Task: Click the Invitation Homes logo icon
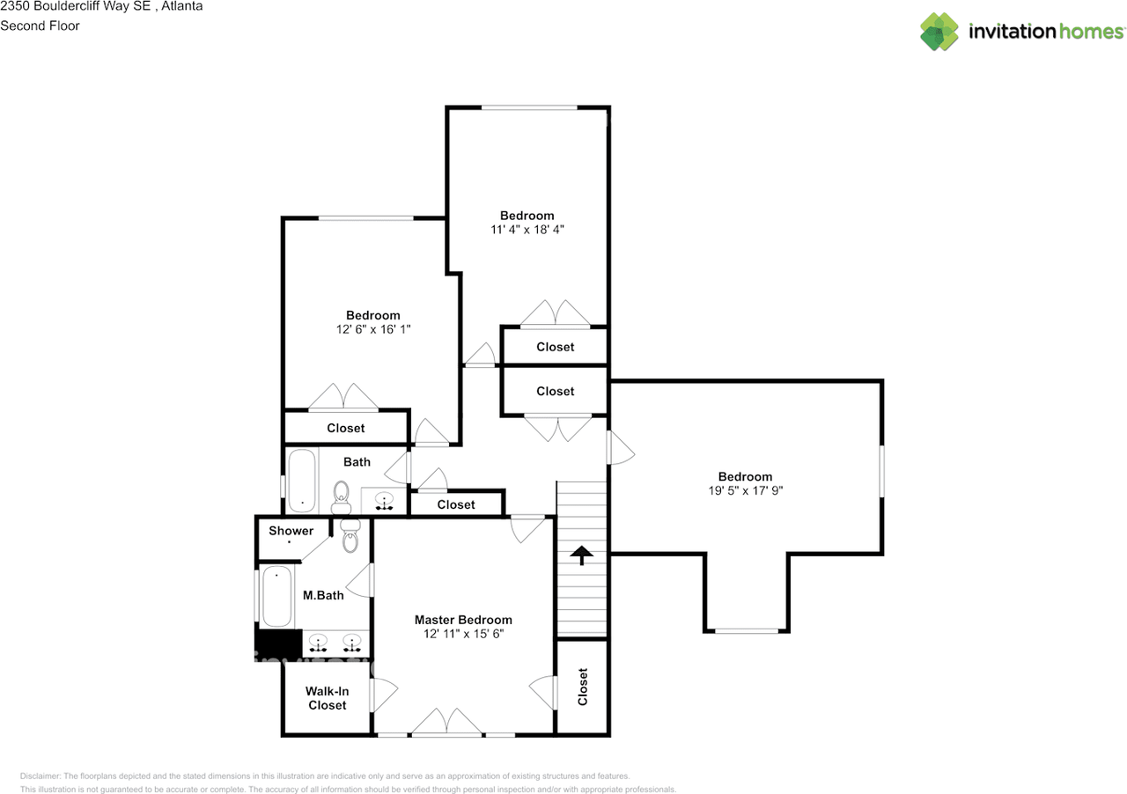(x=939, y=31)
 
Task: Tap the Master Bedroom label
(x=463, y=620)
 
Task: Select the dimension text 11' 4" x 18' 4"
(x=527, y=229)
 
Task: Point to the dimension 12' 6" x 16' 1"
(x=372, y=328)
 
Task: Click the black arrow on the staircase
(x=581, y=555)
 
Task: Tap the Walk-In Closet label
(x=327, y=698)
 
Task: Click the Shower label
(x=291, y=531)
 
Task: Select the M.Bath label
(x=323, y=596)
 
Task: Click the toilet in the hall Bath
(x=341, y=497)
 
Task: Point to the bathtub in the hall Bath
(x=301, y=481)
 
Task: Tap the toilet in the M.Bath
(x=350, y=536)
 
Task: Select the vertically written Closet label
(x=582, y=687)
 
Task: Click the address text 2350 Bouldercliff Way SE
(x=76, y=7)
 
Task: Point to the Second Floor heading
(x=40, y=26)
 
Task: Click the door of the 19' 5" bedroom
(x=620, y=447)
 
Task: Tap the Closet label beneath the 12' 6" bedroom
(x=345, y=428)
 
